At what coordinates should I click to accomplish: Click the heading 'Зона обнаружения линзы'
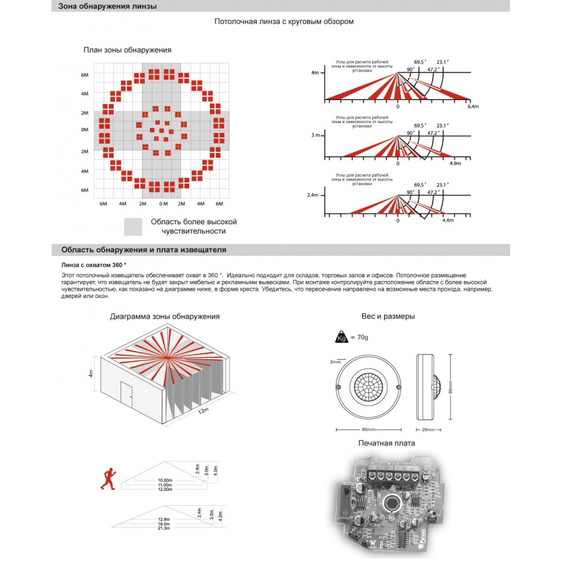107,6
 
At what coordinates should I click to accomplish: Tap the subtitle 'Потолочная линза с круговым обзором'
284,21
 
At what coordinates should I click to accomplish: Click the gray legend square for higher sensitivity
134,227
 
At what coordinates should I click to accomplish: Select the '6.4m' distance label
473,107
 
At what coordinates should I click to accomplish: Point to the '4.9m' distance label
455,164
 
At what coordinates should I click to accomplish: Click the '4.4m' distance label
448,221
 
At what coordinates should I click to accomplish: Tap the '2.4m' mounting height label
313,195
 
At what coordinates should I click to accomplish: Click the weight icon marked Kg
342,337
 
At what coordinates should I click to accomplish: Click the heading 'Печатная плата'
387,443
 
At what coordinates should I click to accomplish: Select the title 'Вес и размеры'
388,317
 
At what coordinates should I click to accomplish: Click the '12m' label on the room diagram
203,412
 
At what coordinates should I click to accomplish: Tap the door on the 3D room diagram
126,394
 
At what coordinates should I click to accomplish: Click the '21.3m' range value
164,528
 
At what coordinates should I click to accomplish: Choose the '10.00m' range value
165,480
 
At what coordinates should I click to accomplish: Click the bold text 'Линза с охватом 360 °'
94,265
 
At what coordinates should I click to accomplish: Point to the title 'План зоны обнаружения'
127,50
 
